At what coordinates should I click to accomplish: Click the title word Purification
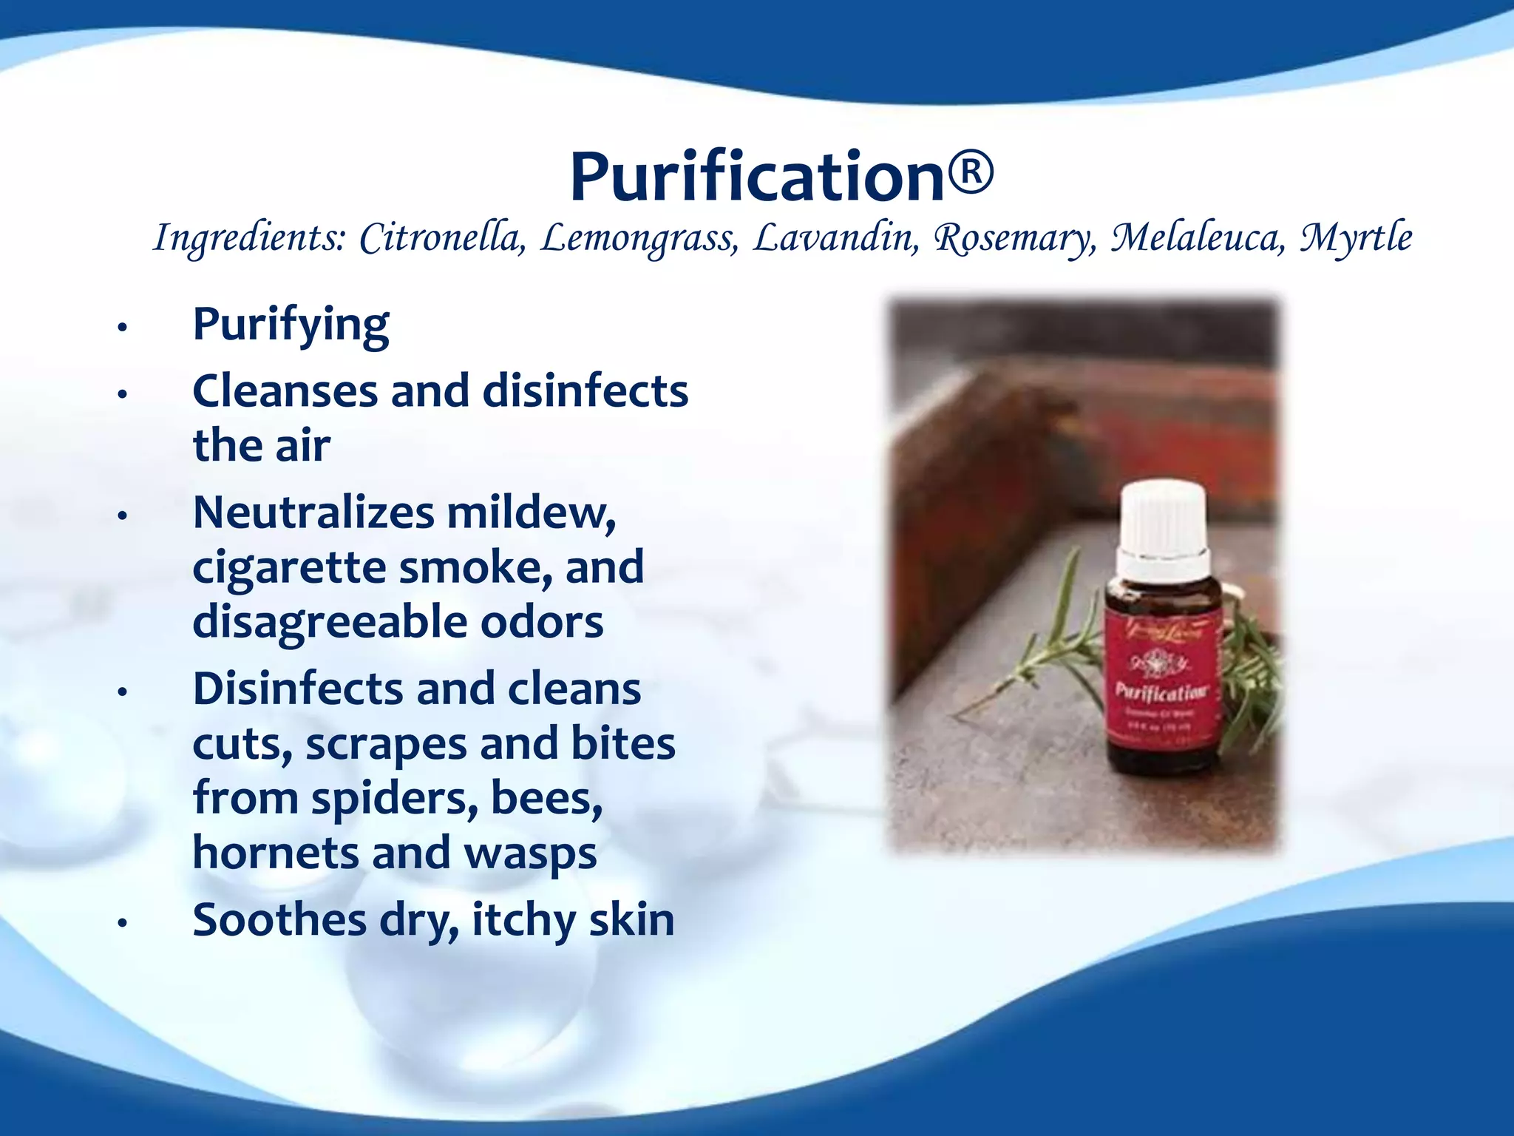(x=757, y=177)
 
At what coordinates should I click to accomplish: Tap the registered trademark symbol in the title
(x=971, y=172)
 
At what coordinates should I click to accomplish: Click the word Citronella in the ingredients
(x=442, y=238)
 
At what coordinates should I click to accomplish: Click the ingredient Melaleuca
(x=1199, y=238)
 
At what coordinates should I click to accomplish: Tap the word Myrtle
(x=1356, y=238)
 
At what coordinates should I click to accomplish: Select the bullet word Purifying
(x=291, y=325)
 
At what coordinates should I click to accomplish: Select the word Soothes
(x=279, y=920)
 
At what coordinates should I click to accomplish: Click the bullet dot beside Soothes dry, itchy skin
(x=123, y=922)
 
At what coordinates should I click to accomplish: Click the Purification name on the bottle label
(x=1161, y=692)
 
